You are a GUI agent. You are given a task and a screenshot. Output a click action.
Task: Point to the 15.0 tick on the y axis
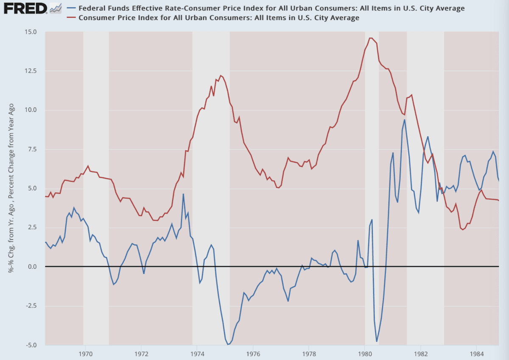tap(31, 32)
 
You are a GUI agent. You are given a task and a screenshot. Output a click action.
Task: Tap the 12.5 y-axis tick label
tap(31, 71)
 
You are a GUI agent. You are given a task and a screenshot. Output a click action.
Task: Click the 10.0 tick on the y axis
tap(31, 110)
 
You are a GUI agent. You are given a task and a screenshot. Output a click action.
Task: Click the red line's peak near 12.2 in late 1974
tap(221, 76)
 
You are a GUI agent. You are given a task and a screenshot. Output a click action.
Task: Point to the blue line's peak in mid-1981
tap(405, 120)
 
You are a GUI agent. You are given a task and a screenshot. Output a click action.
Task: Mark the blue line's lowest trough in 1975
tap(228, 344)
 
